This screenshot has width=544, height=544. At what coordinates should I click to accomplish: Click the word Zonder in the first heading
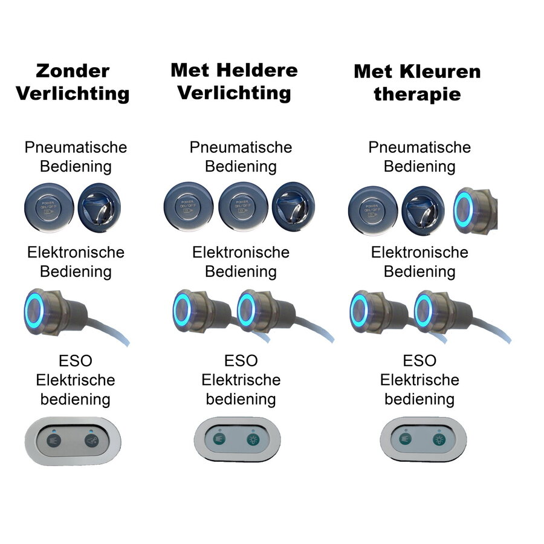73,71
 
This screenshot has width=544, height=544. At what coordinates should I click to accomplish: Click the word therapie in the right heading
417,94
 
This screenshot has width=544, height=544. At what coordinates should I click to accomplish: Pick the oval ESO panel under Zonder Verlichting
73,441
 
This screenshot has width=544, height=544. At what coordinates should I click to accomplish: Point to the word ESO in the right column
419,361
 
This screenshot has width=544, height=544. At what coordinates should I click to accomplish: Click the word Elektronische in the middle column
241,252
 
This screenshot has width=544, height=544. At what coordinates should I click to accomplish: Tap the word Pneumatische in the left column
76,147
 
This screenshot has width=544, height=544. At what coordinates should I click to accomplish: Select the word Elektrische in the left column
76,380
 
